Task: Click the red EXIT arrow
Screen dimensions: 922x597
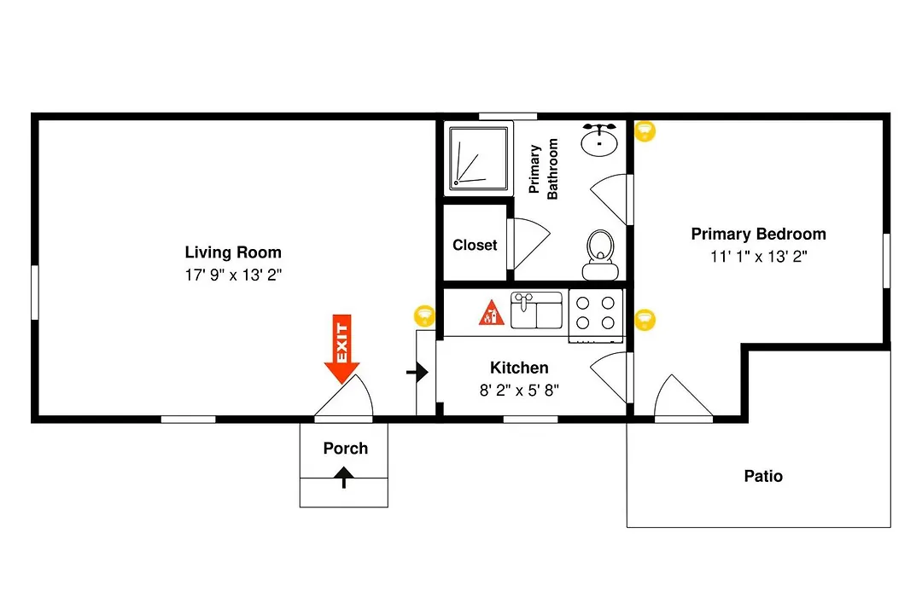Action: point(341,349)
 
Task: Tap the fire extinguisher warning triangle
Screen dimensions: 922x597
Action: point(491,313)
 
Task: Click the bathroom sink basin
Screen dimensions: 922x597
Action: point(599,140)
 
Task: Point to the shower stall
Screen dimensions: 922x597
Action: point(478,158)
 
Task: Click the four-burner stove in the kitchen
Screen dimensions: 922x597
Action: point(596,316)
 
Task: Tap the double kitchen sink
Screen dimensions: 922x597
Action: point(536,310)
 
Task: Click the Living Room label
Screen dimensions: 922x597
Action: point(233,252)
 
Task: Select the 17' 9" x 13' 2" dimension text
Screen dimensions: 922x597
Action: point(233,275)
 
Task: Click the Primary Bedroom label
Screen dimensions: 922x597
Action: point(759,234)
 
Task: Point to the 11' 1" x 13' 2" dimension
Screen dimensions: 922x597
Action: point(759,257)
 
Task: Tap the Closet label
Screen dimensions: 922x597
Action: point(475,245)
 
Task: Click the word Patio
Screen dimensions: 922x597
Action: point(763,476)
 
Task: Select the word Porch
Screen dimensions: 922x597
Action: point(346,449)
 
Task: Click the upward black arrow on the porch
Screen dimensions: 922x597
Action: point(344,477)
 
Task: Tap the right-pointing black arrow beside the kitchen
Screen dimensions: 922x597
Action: point(417,372)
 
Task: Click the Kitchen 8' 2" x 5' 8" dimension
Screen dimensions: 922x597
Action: point(519,390)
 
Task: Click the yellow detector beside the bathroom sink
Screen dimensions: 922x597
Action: point(645,131)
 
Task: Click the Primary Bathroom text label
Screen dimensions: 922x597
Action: point(543,169)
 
